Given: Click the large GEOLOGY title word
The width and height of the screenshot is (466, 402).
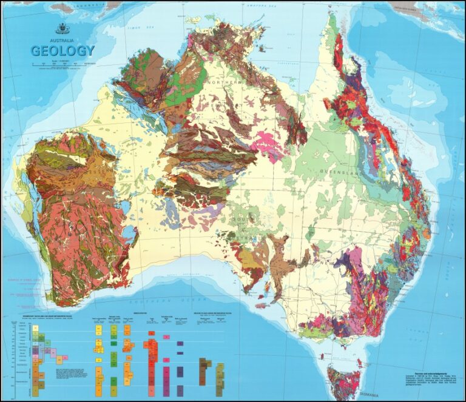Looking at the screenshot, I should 62,50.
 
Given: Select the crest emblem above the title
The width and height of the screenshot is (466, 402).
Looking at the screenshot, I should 62,28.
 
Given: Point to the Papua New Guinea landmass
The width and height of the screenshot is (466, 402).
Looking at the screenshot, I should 419,12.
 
